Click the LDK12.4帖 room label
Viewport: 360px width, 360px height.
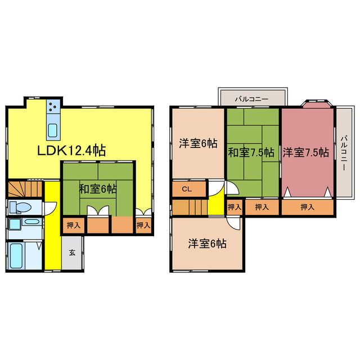71,151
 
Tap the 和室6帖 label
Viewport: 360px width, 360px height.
98,189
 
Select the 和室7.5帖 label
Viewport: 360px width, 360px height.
251,152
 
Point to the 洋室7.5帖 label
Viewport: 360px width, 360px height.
306,152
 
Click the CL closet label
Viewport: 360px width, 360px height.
186,190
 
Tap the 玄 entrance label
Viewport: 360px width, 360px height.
73,253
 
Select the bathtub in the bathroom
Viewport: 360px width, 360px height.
17,256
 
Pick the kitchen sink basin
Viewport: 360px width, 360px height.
52,130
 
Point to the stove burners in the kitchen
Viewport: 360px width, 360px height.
52,106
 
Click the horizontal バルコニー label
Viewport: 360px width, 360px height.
252,99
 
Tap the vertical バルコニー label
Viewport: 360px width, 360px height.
344,152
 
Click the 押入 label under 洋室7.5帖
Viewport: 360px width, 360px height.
307,208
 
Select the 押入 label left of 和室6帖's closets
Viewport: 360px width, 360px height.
73,226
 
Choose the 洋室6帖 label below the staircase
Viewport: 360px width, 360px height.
207,244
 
